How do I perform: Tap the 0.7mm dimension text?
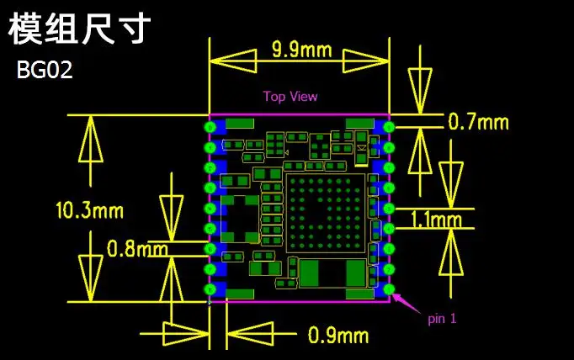click(478, 122)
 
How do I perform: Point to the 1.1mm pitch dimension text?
click(436, 221)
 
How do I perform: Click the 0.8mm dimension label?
click(137, 249)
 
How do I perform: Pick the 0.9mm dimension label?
click(337, 336)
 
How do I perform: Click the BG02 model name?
click(45, 71)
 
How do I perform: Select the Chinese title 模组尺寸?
click(80, 29)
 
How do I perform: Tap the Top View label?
click(290, 96)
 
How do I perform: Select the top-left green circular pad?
click(210, 126)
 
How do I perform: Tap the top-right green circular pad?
click(389, 126)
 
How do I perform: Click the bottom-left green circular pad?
click(210, 290)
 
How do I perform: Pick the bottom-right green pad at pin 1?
click(389, 290)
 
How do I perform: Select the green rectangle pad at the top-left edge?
click(240, 124)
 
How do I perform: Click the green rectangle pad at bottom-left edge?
click(240, 294)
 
